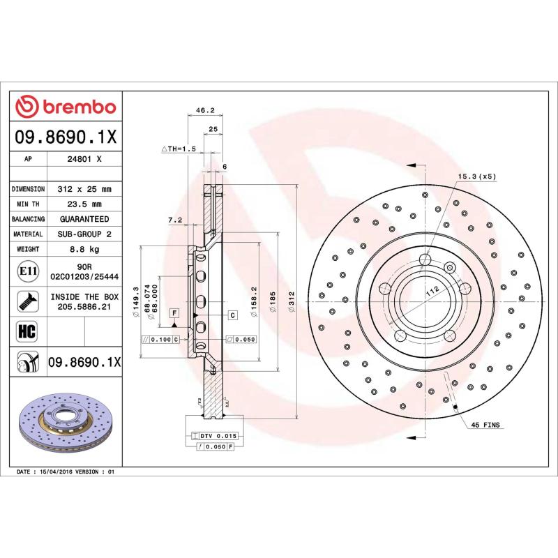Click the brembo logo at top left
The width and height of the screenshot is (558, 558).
[x=66, y=107]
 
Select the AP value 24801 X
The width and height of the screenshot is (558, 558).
[x=83, y=159]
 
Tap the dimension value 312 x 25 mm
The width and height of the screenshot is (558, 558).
[x=83, y=189]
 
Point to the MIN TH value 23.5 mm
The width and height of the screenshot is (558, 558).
[x=83, y=204]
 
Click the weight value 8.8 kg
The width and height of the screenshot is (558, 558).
[x=83, y=249]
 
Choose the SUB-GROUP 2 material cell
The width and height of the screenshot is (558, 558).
[x=83, y=234]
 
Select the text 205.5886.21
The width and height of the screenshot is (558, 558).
[x=83, y=306]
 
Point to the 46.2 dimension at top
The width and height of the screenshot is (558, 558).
[x=204, y=110]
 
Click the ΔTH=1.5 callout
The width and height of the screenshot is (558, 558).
[x=179, y=149]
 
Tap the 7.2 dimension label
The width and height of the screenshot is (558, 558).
[x=174, y=220]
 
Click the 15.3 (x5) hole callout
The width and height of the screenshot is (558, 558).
[x=476, y=176]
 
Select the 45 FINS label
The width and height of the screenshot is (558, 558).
[x=485, y=425]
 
